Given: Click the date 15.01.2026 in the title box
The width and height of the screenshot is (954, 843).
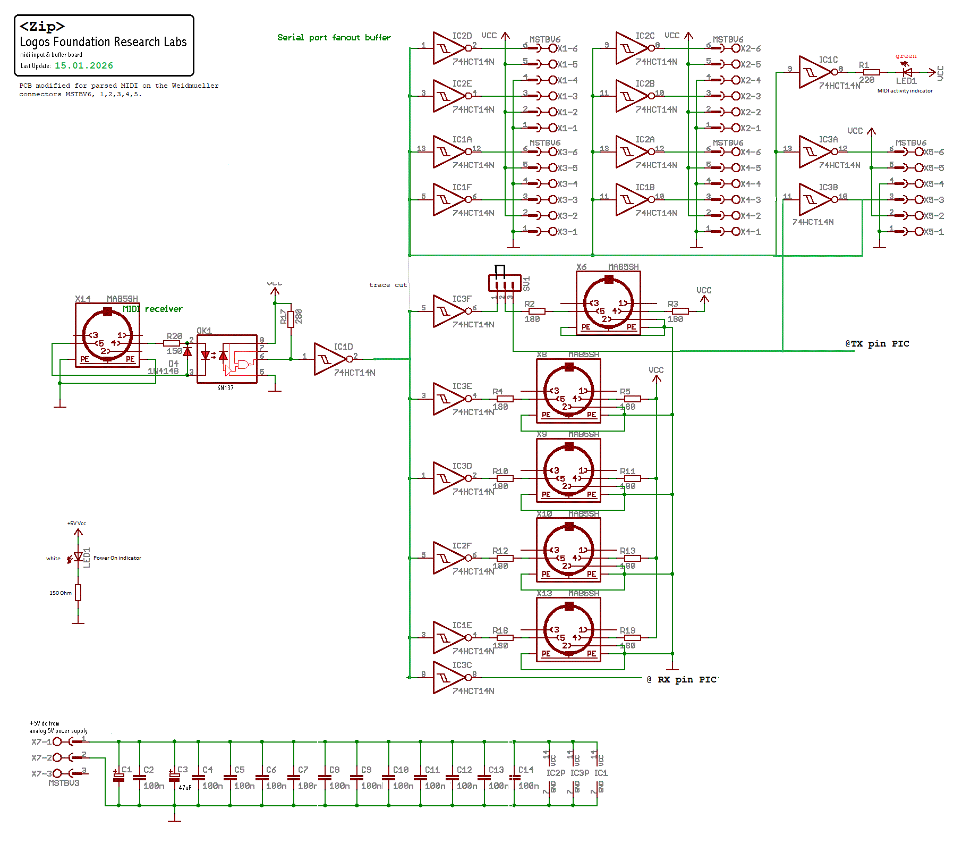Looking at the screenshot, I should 84,66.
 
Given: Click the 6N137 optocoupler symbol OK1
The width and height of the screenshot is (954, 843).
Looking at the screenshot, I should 227,359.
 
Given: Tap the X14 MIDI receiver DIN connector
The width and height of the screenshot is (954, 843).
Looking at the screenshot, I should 107,335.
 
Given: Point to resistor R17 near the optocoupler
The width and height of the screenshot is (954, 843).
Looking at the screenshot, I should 291,319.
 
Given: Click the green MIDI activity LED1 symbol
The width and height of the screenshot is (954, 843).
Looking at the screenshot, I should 907,72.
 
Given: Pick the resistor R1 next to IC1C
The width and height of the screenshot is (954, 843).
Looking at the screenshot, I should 871,72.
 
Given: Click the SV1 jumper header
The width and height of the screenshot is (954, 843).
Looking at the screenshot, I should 505,283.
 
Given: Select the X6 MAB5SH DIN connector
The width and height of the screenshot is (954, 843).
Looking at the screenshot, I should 608,303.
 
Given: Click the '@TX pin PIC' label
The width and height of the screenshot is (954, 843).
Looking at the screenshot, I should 877,344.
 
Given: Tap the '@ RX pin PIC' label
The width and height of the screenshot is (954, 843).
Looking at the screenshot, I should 682,680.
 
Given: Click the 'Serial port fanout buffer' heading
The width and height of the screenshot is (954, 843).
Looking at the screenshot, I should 334,38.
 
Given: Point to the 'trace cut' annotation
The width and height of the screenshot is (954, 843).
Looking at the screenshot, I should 388,285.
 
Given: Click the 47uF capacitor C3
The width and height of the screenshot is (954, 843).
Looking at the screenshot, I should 174,778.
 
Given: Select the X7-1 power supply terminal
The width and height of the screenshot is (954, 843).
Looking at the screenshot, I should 57,741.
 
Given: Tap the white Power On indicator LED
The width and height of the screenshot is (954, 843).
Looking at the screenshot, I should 78,557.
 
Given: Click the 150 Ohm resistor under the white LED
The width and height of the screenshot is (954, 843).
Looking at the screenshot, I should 78,593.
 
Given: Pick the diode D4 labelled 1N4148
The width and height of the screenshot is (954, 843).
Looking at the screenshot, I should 187,352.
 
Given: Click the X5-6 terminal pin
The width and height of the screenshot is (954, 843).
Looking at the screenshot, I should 919,152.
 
